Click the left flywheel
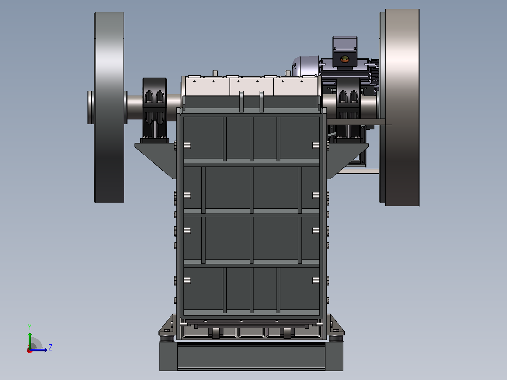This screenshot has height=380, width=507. (109, 108)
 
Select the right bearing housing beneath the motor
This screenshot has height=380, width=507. (348, 110)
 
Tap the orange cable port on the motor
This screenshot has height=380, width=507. (345, 59)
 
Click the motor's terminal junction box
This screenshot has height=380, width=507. (345, 52)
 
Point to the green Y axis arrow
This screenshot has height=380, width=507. (30, 340)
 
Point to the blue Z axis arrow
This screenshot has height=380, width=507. (38, 350)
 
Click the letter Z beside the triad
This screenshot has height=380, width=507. (50, 348)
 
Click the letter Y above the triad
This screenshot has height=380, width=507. (30, 327)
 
